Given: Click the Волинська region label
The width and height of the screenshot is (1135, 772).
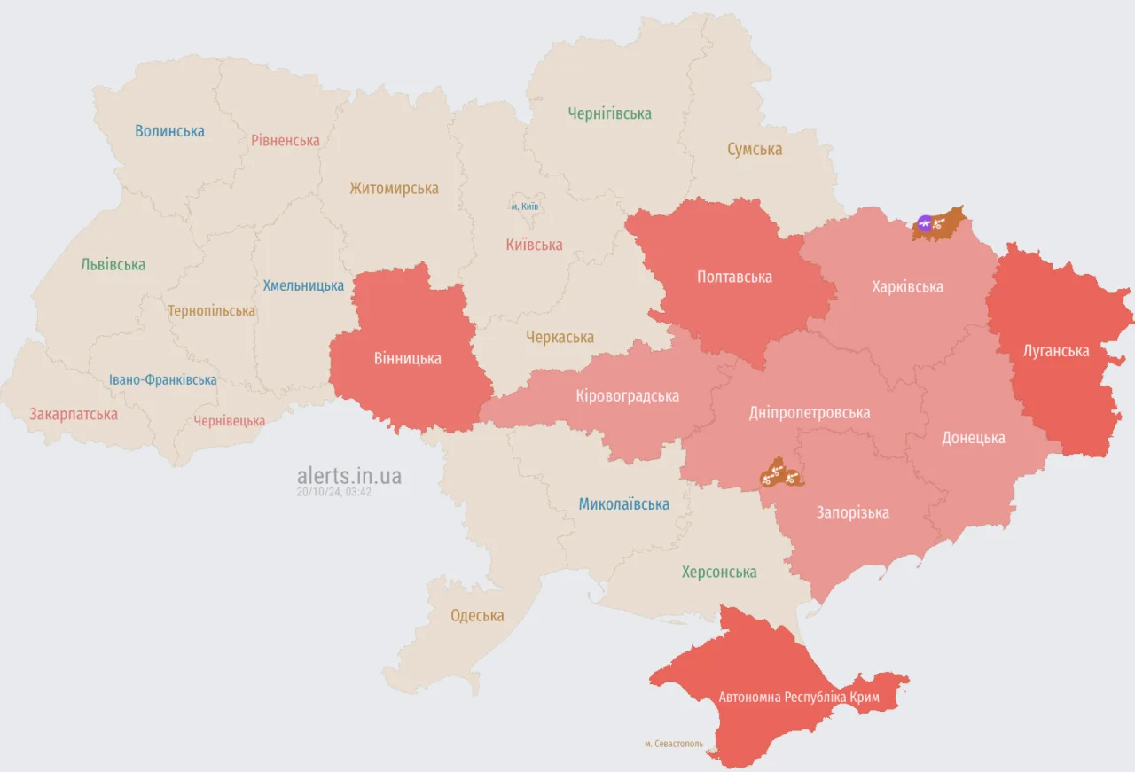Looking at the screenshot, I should pos(169,131).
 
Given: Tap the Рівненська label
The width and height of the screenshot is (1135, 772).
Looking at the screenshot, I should pos(285,140).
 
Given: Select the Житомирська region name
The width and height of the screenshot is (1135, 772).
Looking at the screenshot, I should pos(394,189).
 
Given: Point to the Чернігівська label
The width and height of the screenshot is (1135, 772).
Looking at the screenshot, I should pos(609,113).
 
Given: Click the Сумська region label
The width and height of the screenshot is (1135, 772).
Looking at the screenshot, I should pos(755,149).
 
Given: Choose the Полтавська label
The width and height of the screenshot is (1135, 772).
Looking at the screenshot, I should pos(734,277).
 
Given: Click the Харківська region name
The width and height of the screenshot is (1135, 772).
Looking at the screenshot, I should pos(907,286).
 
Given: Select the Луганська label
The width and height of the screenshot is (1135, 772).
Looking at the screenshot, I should pos(1055,351).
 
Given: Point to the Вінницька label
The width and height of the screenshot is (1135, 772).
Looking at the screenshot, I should pos(407,359).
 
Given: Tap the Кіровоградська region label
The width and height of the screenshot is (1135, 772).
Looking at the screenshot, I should pos(627,395).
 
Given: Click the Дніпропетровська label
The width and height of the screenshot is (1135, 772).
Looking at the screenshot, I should pos(809,412).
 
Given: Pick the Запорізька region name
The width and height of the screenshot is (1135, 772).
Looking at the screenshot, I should pos(852,512).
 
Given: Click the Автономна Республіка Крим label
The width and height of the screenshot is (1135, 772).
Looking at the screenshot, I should pos(799,698).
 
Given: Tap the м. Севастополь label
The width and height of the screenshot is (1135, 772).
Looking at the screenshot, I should pos(674,744).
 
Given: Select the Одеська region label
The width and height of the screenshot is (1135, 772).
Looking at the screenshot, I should pos(477,615).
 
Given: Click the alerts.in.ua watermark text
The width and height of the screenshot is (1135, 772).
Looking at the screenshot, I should pos(348,476).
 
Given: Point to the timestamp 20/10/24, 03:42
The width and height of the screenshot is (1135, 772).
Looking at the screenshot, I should pos(334,492).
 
